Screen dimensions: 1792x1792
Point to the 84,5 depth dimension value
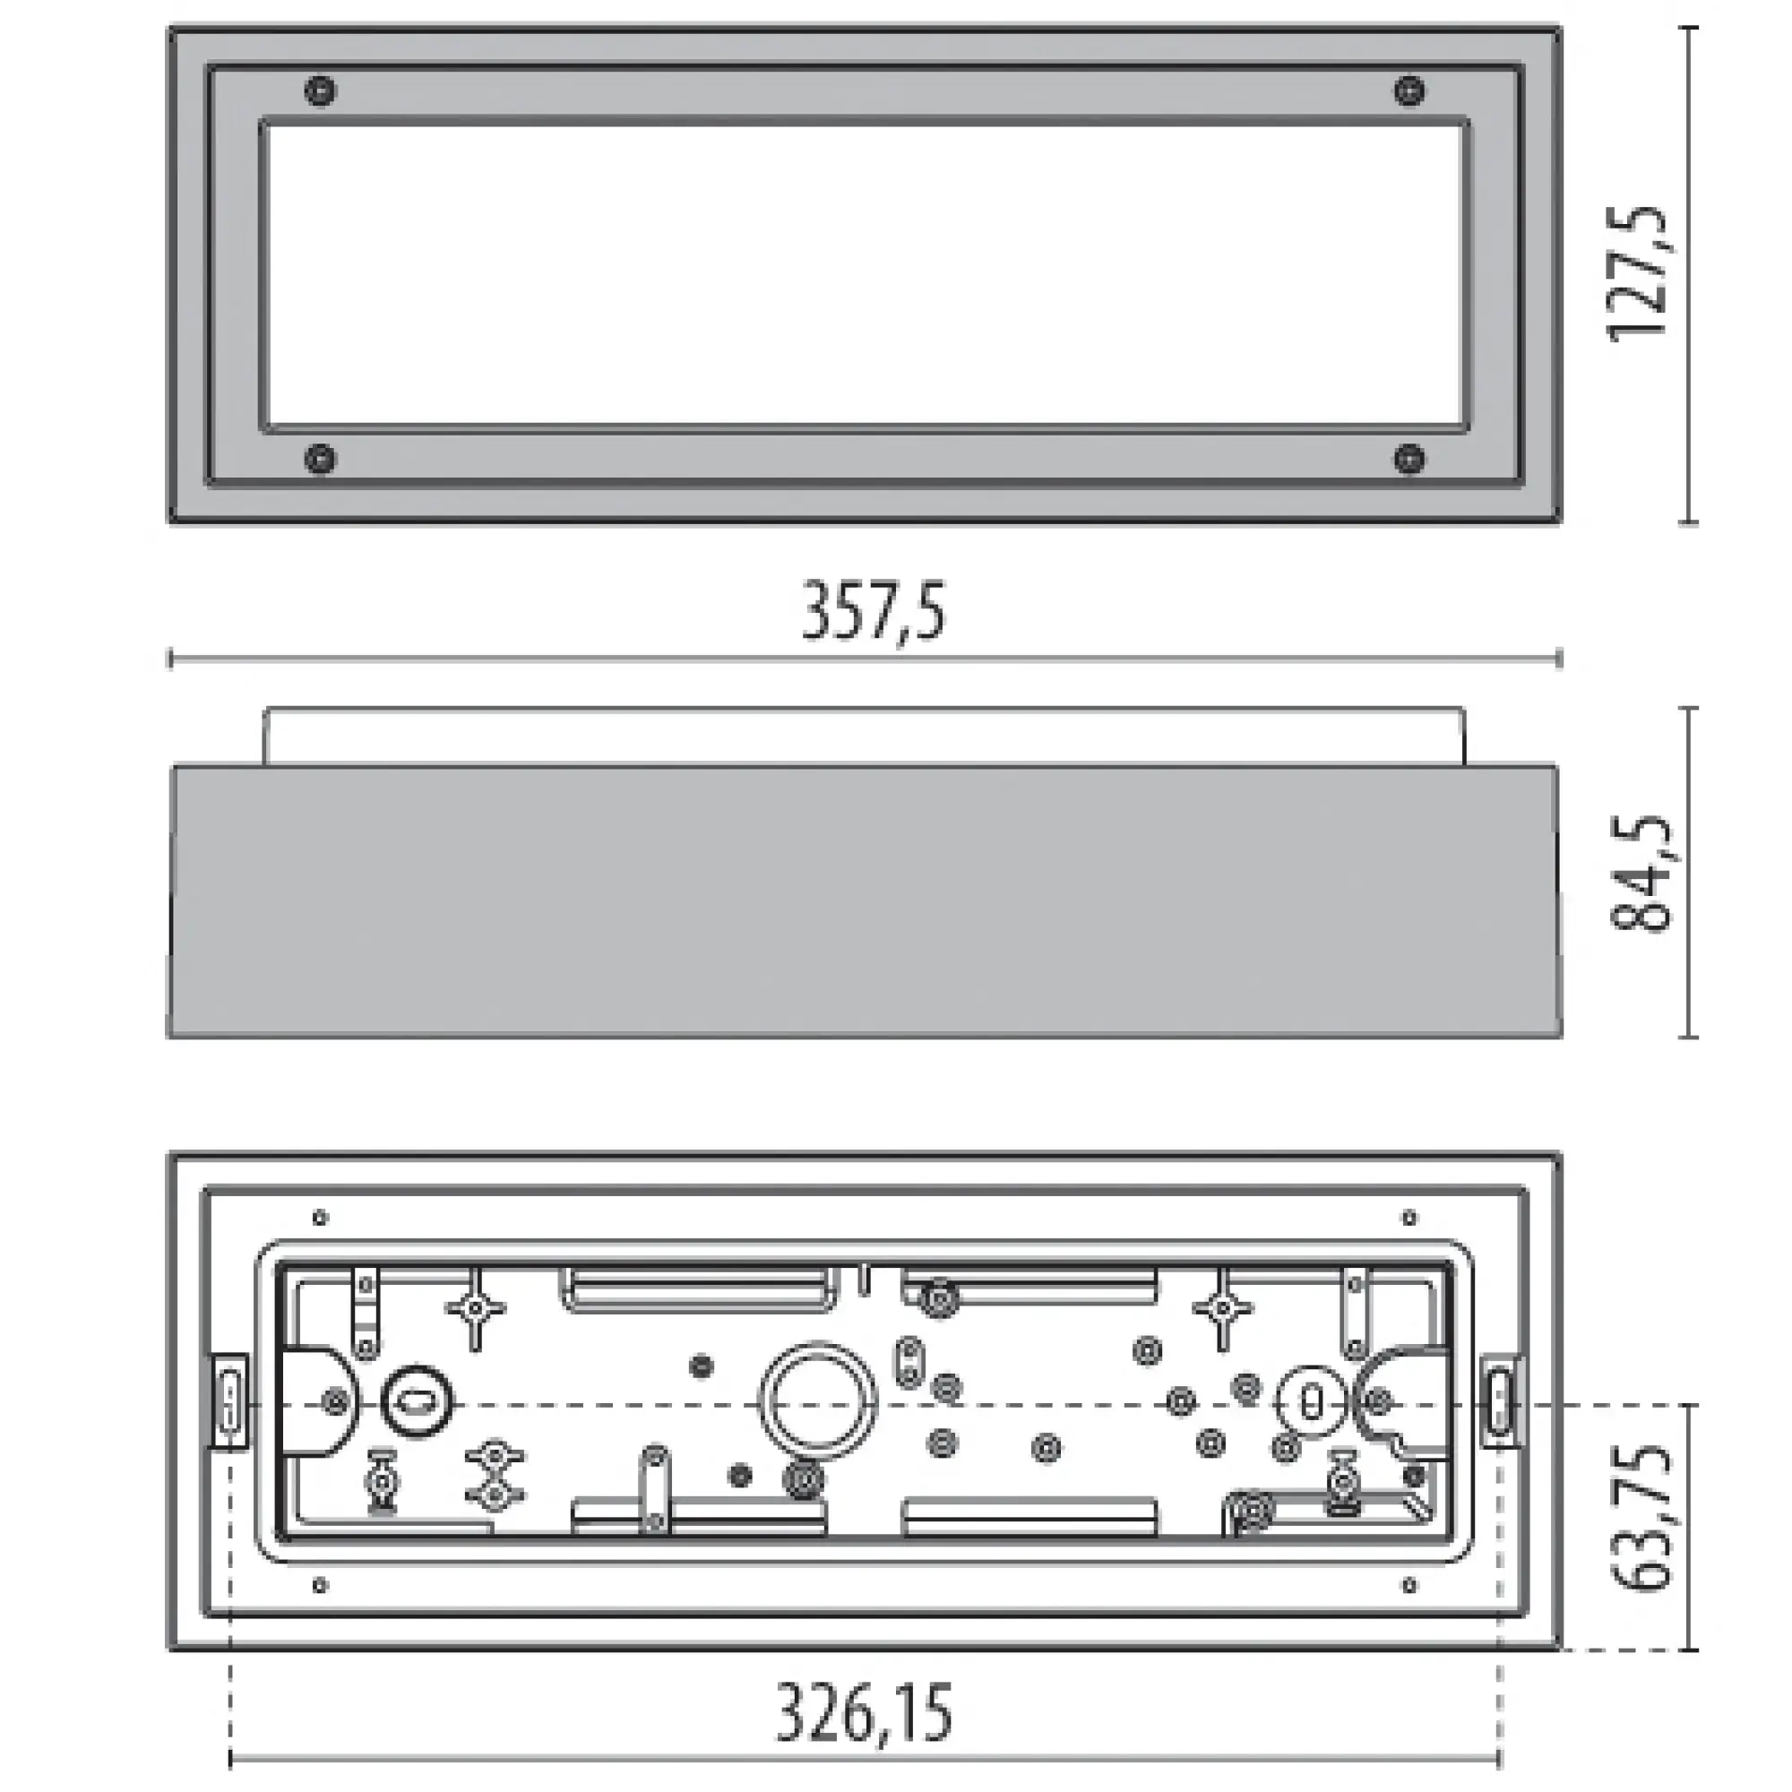tap(1639, 874)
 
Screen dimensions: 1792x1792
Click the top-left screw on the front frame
tap(321, 90)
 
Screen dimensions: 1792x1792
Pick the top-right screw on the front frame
tap(1409, 90)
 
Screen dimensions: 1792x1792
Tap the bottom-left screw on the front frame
tap(321, 458)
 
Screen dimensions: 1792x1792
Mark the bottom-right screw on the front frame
tap(1409, 458)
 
